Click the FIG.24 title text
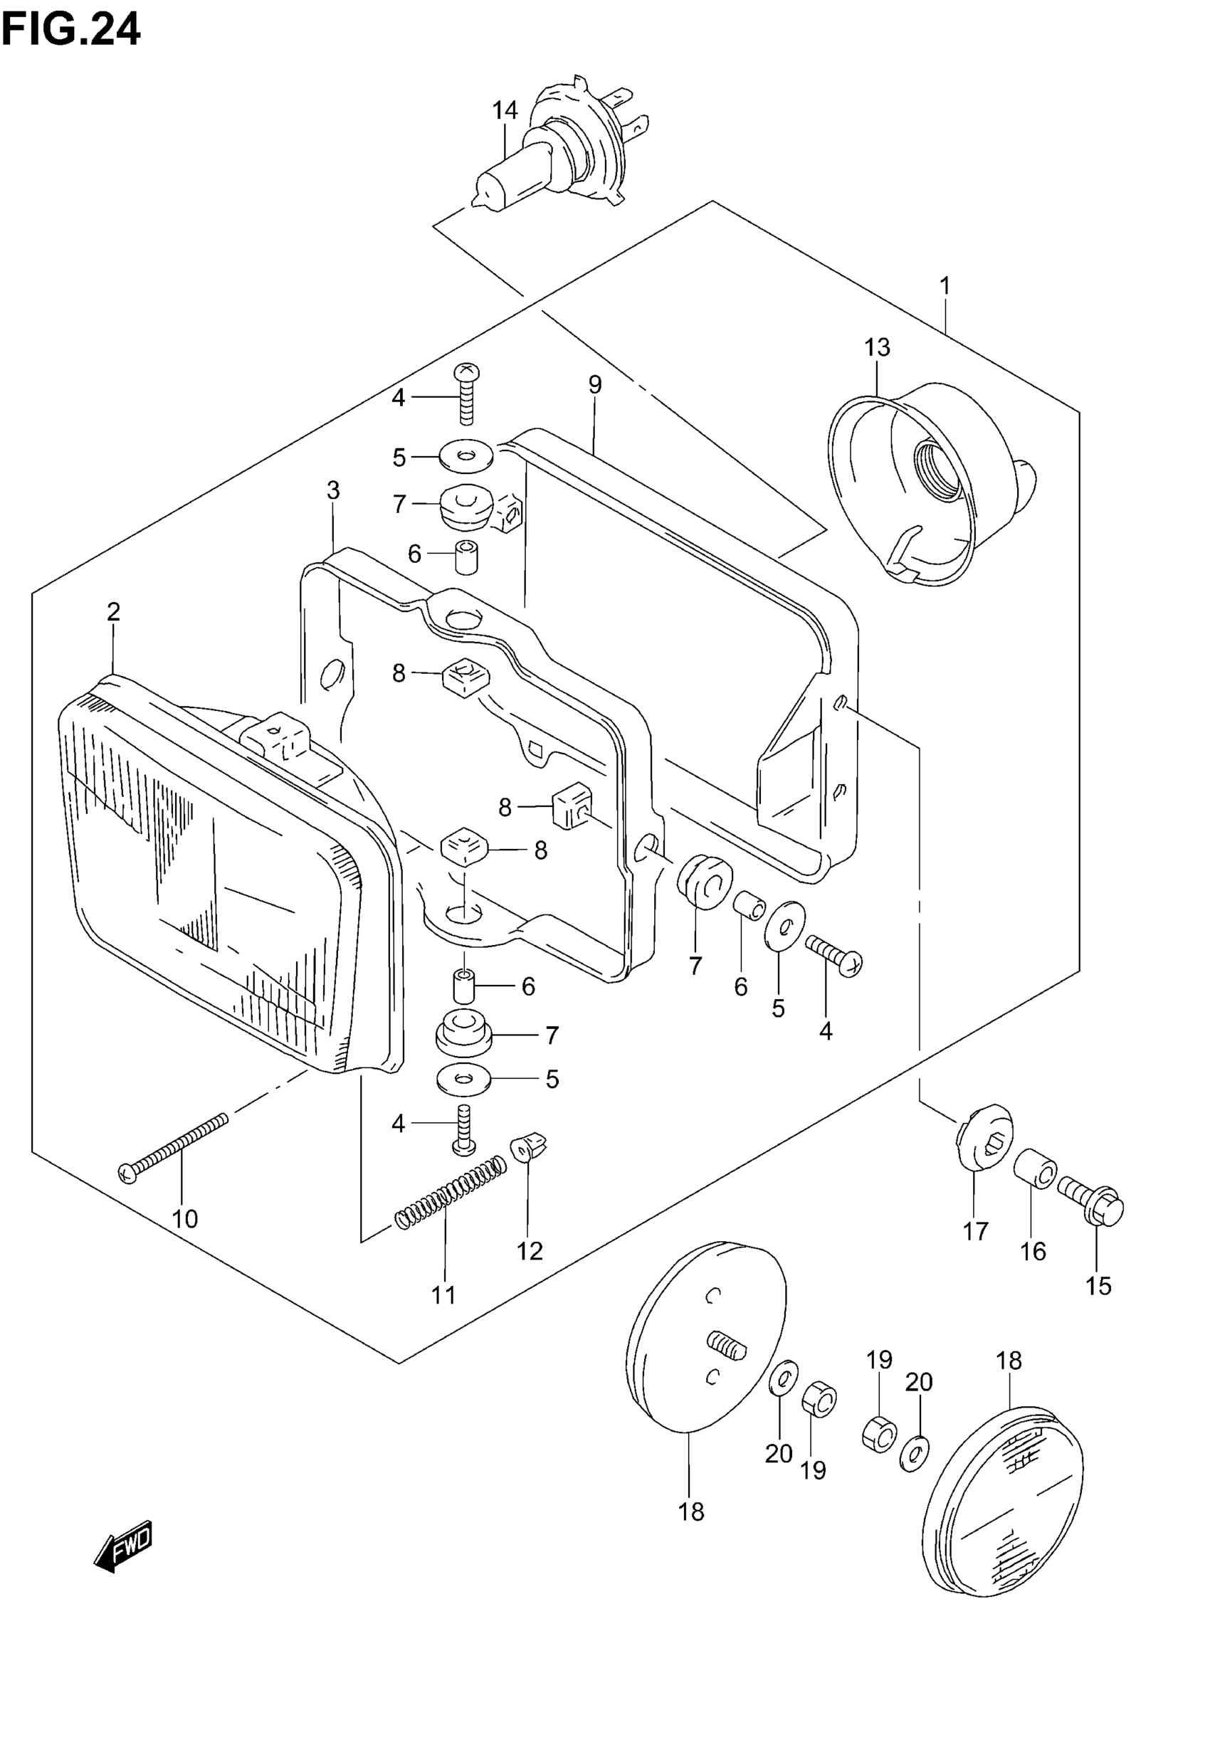(x=71, y=31)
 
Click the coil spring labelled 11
(x=449, y=1198)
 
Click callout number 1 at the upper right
(x=945, y=287)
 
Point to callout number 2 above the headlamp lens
(x=114, y=611)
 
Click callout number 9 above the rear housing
(x=595, y=385)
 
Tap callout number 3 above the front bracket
(x=333, y=490)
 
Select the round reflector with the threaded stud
(x=705, y=1341)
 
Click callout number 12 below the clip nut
(x=530, y=1251)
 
